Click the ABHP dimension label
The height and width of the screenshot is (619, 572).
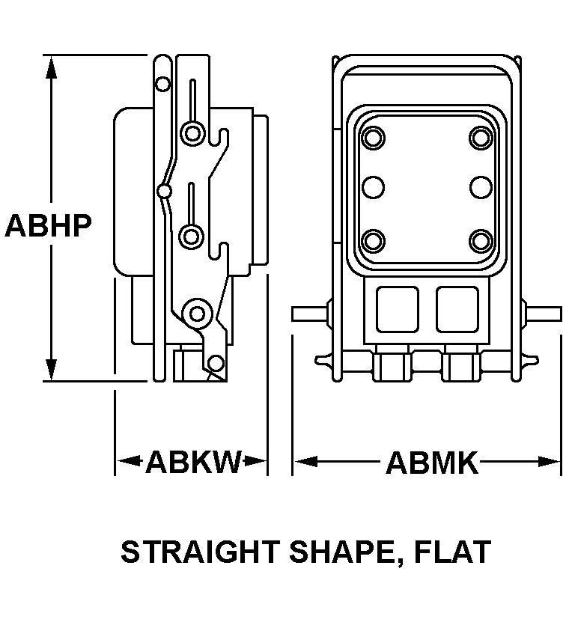[48, 225]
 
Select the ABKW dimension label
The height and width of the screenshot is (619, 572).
[193, 462]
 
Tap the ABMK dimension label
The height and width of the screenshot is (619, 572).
[431, 463]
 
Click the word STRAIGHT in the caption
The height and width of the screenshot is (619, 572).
[200, 552]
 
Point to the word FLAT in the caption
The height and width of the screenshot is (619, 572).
[452, 552]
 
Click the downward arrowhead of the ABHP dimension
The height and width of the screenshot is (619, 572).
[51, 370]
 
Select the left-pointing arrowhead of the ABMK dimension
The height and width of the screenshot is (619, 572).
[306, 461]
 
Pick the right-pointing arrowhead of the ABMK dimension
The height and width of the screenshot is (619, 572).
[549, 461]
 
